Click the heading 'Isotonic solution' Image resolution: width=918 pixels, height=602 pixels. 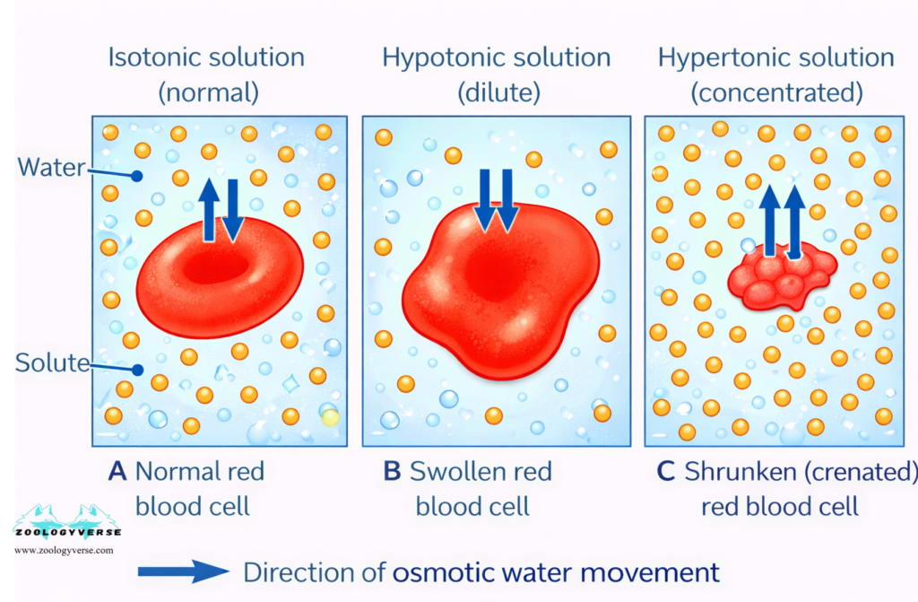tap(206, 58)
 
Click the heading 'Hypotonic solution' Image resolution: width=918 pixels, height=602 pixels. tap(496, 58)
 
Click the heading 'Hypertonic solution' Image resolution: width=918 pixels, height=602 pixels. tap(775, 58)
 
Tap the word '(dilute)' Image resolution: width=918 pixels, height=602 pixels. tap(496, 92)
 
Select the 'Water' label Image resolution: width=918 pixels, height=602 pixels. tap(51, 167)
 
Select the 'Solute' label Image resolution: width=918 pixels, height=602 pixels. tap(52, 363)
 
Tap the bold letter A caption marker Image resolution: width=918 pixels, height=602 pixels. tap(117, 471)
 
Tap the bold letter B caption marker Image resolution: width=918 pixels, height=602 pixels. tap(392, 471)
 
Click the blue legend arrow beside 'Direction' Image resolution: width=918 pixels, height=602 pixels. tap(184, 571)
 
